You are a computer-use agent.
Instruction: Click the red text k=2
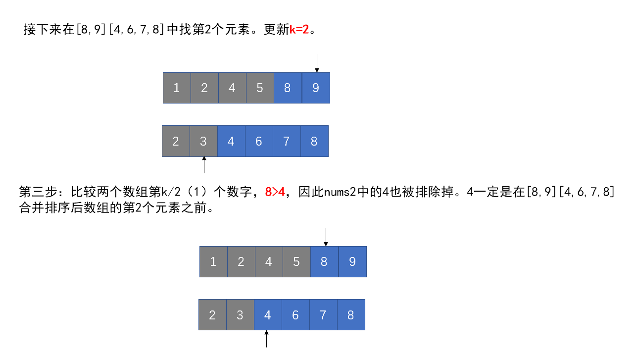tap(299, 29)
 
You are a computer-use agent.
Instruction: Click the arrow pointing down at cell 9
tap(317, 63)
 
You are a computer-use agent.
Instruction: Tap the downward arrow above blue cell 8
tap(325, 237)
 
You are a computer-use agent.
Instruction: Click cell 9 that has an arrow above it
tap(316, 88)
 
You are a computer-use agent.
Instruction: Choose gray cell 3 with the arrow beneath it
tap(203, 141)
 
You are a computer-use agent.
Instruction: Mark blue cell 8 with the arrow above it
tap(324, 261)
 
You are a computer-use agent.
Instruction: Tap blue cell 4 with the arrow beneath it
tap(268, 315)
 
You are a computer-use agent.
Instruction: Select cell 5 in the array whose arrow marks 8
tap(296, 261)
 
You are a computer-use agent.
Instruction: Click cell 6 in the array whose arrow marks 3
tap(259, 141)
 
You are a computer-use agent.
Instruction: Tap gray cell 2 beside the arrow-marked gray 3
tap(176, 141)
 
